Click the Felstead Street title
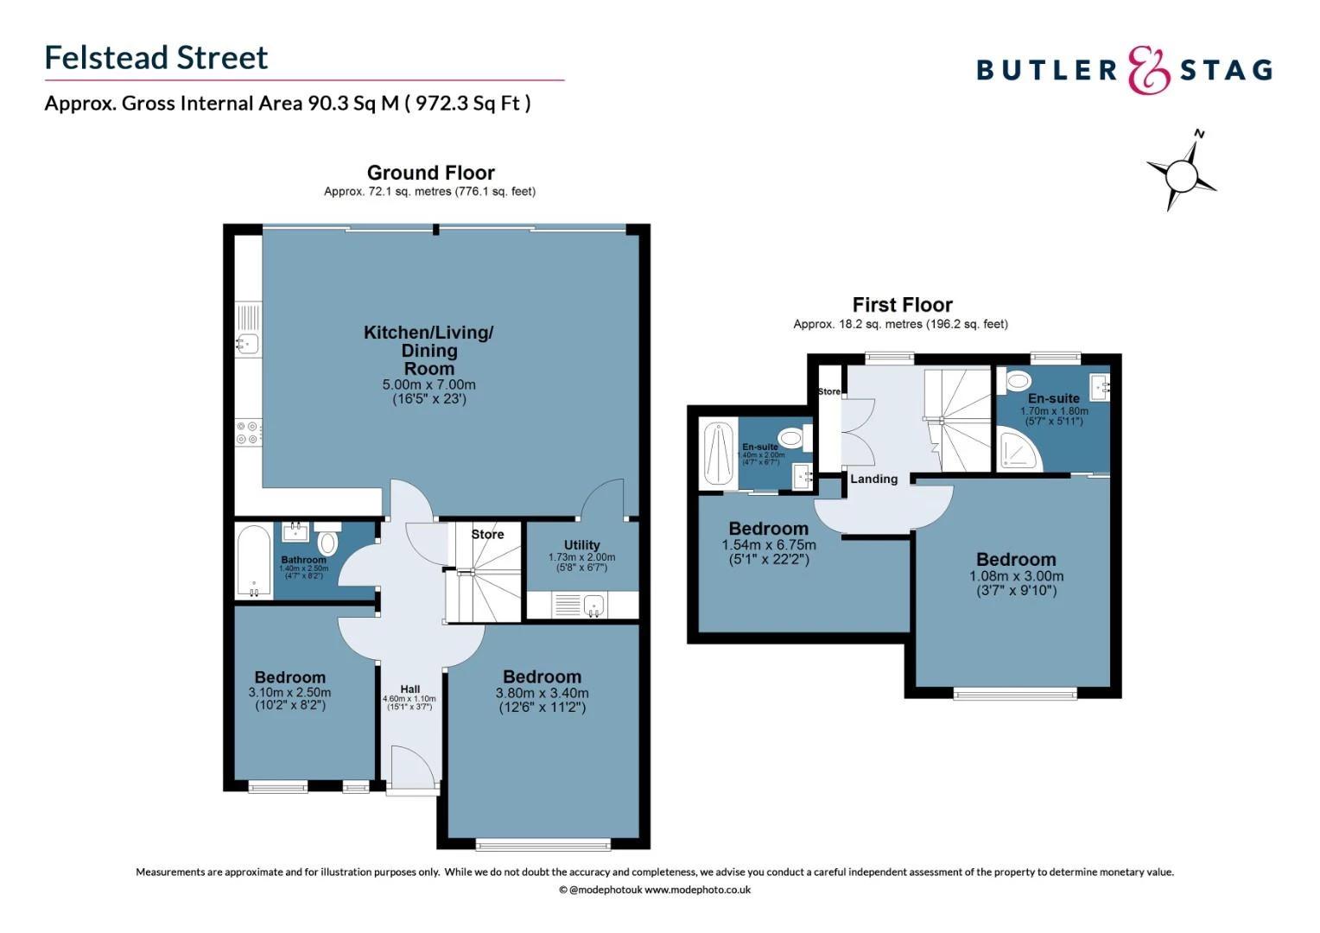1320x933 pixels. point(156,58)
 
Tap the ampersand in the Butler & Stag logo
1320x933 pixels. point(1148,70)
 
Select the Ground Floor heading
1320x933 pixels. point(430,173)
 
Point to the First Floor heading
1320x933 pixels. point(902,305)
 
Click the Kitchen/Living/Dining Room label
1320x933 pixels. point(428,350)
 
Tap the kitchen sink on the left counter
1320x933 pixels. point(247,344)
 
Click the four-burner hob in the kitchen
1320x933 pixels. point(249,433)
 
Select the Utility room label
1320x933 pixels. point(581,545)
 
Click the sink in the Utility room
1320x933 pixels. point(593,605)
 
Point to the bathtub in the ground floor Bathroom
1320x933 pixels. point(253,561)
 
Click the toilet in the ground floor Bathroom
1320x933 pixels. point(327,543)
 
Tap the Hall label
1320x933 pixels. point(410,689)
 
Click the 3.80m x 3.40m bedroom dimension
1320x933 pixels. point(542,693)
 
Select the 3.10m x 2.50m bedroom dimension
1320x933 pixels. point(289,692)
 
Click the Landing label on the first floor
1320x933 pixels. point(873,479)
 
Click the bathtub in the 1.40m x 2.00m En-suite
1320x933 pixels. point(718,454)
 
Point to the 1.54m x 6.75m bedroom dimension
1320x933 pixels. point(768,545)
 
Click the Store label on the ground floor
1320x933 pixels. point(487,535)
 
